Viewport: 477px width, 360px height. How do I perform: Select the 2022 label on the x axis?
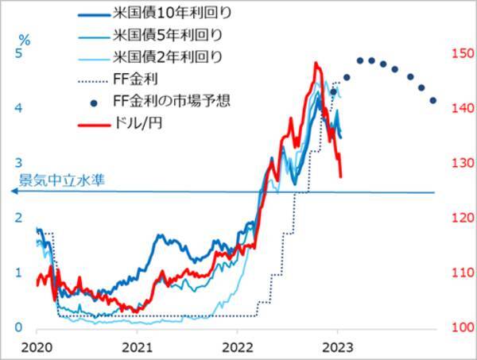[x=238, y=346]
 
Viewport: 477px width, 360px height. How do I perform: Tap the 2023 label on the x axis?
[x=337, y=346]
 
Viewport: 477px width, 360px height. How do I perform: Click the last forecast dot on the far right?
[x=433, y=101]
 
